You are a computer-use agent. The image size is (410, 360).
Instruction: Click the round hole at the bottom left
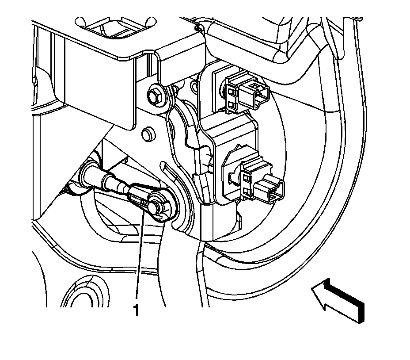(x=87, y=292)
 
